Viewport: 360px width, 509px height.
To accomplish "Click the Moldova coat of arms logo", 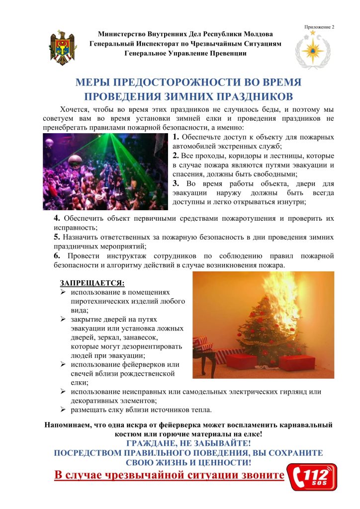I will [x=63, y=48].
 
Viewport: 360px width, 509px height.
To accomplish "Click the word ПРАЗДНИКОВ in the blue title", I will [x=253, y=95].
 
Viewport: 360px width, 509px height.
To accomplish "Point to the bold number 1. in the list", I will [x=177, y=137].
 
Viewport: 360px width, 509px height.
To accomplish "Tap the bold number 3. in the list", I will [x=177, y=183].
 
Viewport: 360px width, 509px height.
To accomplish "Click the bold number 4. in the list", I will [x=57, y=218].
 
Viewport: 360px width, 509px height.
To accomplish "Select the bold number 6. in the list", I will [x=57, y=255].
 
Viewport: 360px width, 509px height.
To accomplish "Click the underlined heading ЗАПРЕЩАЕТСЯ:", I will [x=92, y=283].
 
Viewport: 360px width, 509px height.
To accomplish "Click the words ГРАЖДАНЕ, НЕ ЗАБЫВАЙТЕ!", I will [x=188, y=443].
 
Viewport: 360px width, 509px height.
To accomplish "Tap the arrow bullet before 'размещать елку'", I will [x=64, y=410].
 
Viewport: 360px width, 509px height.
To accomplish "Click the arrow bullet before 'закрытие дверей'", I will [x=64, y=320].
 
